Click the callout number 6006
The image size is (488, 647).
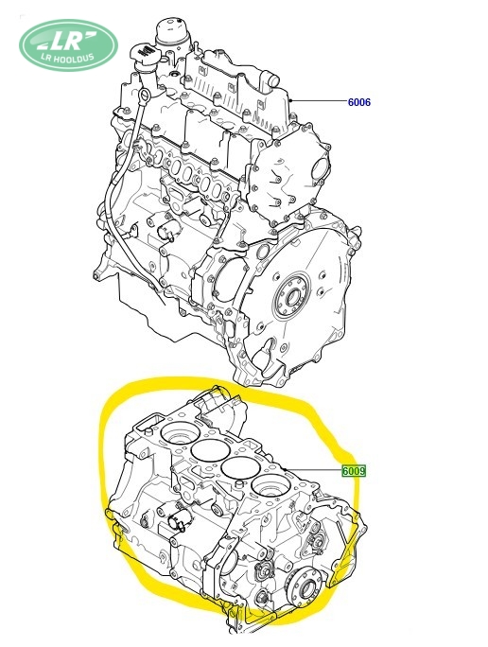(x=359, y=102)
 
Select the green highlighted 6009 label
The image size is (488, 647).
(x=354, y=470)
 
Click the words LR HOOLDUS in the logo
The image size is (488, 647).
(x=71, y=58)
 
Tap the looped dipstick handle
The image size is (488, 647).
(x=144, y=98)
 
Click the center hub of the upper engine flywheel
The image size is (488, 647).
(x=294, y=296)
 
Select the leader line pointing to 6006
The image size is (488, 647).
(x=318, y=101)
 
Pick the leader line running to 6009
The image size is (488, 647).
(x=313, y=470)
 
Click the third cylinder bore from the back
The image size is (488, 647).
(x=238, y=467)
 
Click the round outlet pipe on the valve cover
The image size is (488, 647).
(x=267, y=78)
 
